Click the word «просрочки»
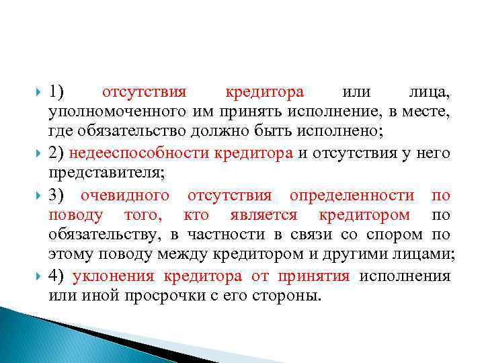coord(156,296)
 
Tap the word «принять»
coord(251,110)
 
